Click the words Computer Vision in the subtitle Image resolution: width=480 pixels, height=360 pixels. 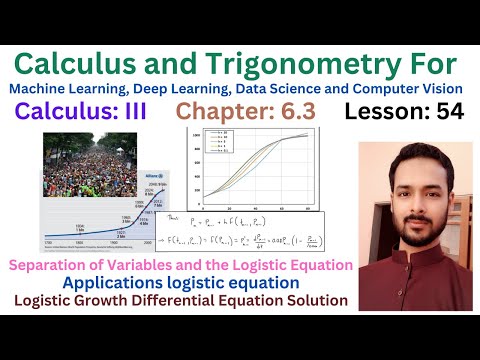pyautogui.click(x=414, y=90)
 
